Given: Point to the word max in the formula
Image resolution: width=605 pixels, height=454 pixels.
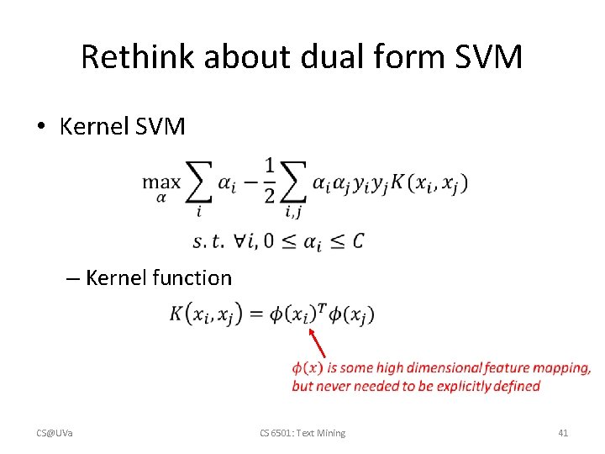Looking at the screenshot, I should (x=161, y=181).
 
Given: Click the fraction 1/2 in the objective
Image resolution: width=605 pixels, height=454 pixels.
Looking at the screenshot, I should (x=269, y=179).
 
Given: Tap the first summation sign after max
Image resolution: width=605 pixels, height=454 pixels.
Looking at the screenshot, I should (x=199, y=182).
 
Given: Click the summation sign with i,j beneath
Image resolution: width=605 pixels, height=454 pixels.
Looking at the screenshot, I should (x=294, y=182).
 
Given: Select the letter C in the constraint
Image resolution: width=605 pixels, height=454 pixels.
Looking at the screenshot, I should (x=359, y=241).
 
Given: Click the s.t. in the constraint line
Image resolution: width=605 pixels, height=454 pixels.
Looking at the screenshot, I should (x=208, y=242).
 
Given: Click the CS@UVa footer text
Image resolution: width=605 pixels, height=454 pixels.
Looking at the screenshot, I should (x=55, y=433).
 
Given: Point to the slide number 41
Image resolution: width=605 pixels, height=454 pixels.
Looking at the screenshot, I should (x=563, y=433).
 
